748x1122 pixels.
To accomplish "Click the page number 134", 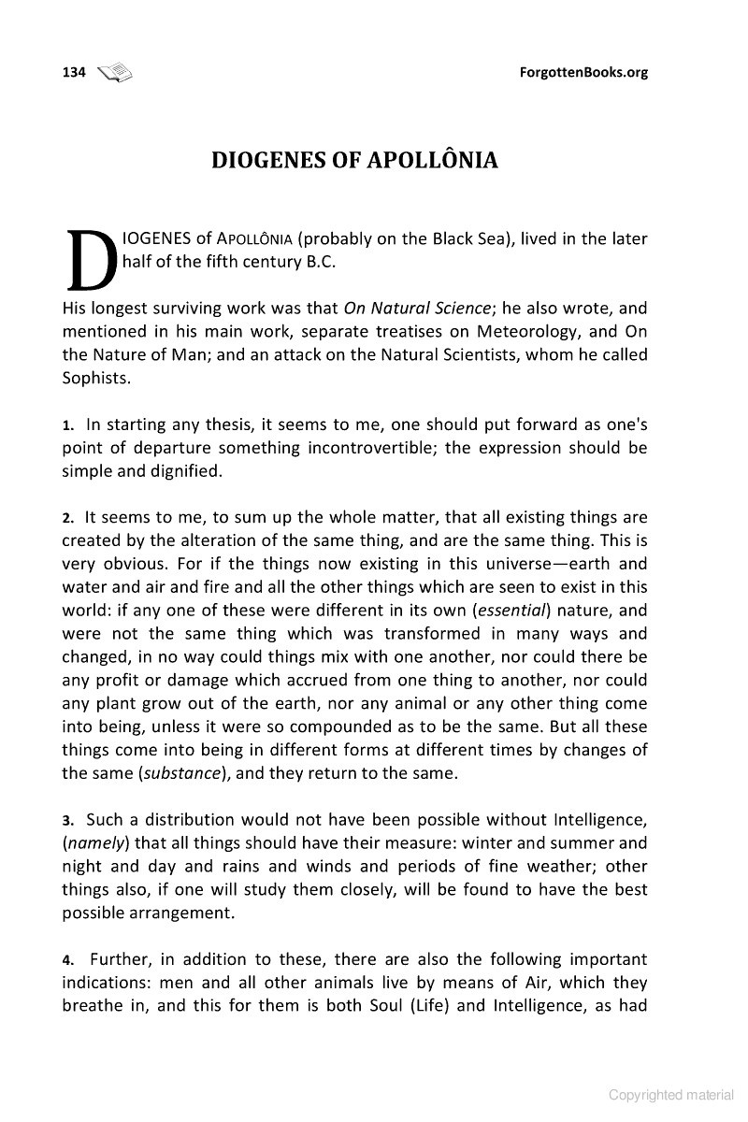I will click(x=74, y=72).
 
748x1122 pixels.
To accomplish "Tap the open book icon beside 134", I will click(x=116, y=72).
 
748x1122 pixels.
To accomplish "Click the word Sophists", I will click(x=96, y=378).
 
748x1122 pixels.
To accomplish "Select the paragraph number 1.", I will click(x=67, y=424).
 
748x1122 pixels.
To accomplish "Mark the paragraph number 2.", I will click(x=67, y=517).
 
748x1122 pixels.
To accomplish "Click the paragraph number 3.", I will click(x=67, y=819).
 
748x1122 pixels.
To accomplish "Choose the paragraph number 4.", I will click(x=67, y=959).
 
